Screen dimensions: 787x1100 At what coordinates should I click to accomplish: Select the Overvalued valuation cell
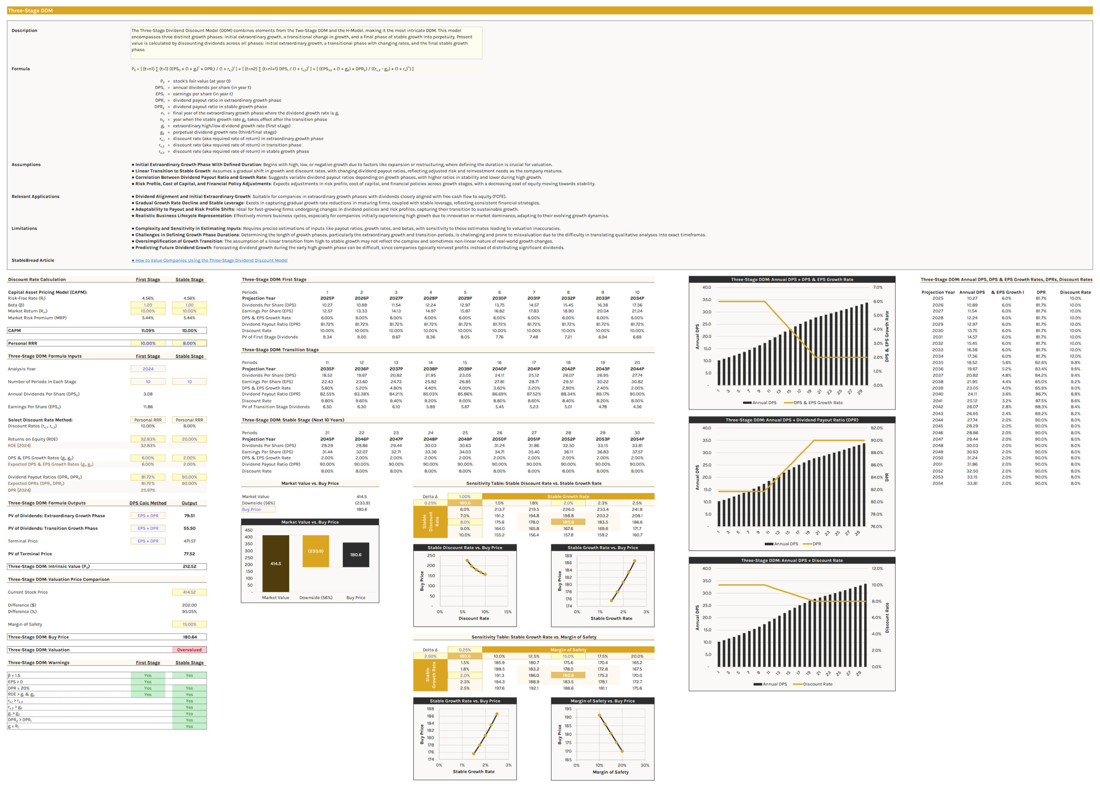point(189,650)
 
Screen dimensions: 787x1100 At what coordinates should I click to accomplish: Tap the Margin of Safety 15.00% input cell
point(189,624)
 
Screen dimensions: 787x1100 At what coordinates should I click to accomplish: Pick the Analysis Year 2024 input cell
point(148,369)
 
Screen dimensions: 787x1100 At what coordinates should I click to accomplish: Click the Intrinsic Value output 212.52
point(189,567)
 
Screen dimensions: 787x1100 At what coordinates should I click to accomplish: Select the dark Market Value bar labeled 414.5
point(276,564)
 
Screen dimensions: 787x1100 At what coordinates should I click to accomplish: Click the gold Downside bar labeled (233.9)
point(315,551)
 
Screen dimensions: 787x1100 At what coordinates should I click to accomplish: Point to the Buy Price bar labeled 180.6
point(356,555)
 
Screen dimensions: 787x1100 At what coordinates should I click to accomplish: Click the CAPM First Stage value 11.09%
point(148,330)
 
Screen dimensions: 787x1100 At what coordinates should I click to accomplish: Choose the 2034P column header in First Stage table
point(637,299)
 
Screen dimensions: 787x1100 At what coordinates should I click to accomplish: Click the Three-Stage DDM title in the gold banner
point(30,10)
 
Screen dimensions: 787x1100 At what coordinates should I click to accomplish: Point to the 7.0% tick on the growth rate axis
point(877,287)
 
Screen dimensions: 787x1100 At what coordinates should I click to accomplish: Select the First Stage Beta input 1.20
point(148,305)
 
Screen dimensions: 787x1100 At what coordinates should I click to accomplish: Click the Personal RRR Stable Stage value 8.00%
point(189,343)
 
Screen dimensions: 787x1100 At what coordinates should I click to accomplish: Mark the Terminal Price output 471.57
point(189,541)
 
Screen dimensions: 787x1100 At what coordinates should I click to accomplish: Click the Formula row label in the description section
point(21,69)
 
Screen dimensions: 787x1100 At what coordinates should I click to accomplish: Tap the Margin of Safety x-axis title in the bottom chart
point(610,772)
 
